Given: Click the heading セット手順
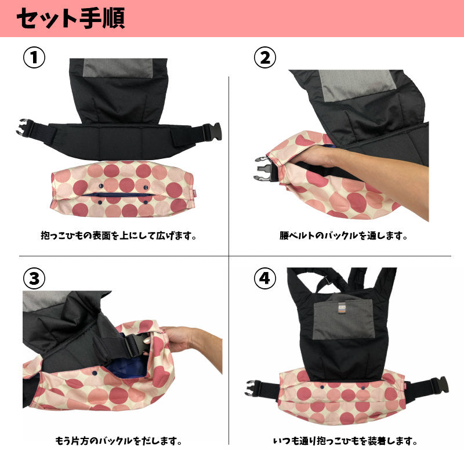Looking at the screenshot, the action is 70,18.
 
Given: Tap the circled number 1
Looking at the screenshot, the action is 34,57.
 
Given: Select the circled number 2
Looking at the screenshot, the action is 265,57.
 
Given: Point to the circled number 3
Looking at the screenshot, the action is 34,278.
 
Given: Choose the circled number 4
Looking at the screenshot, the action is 265,278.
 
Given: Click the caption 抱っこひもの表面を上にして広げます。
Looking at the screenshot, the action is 118,236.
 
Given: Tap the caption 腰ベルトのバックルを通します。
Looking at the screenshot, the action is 343,236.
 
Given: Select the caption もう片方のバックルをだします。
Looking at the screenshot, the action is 118,441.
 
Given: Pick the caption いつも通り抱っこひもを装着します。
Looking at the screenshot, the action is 345,441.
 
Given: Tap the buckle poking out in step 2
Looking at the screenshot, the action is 265,169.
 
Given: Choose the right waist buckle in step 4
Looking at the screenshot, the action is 440,385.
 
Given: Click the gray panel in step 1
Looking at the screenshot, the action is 118,68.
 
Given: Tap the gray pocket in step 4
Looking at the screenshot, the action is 344,318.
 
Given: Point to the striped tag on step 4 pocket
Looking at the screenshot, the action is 342,308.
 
